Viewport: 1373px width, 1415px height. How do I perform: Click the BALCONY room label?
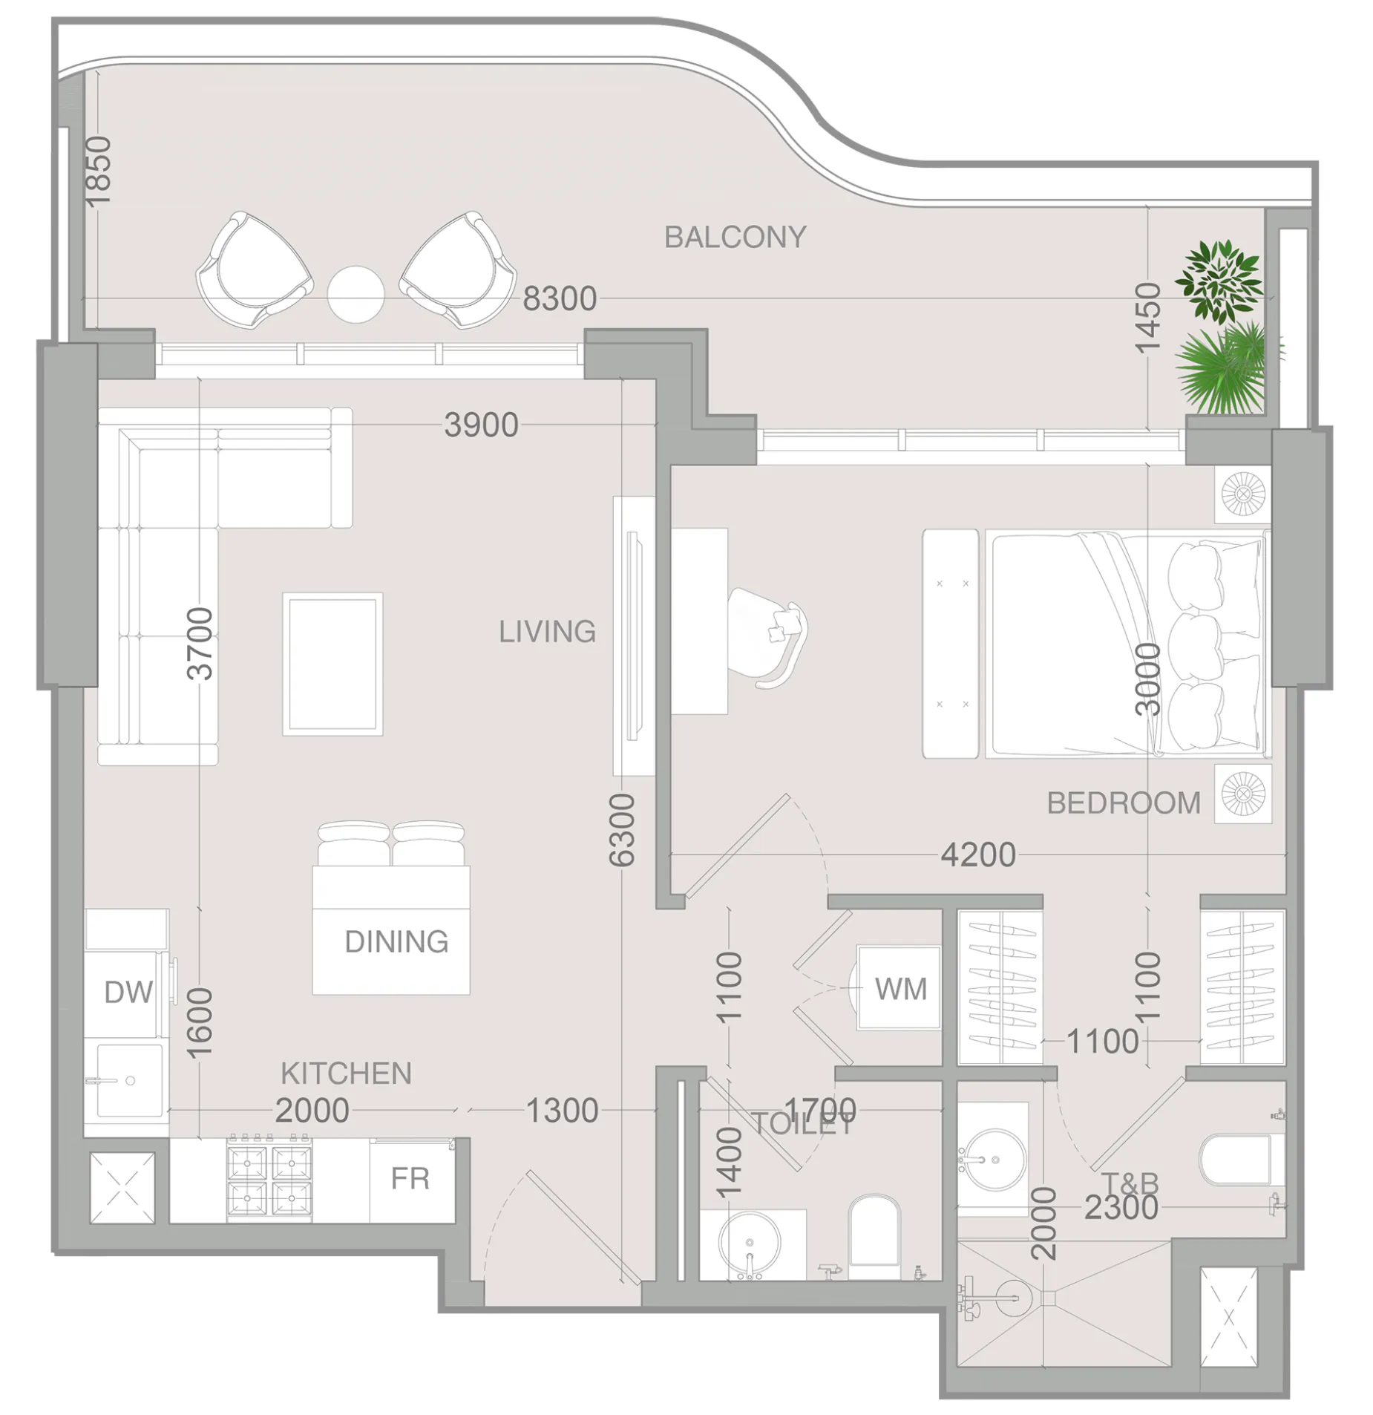coord(734,237)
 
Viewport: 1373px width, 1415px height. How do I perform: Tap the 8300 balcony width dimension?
coord(559,298)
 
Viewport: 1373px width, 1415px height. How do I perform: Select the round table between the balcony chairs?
coord(355,294)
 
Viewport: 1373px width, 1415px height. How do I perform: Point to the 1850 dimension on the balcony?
coord(98,171)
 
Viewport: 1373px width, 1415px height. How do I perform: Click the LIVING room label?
coord(547,631)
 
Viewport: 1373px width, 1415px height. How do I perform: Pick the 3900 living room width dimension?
coord(481,425)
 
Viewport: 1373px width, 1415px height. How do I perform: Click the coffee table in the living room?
coord(332,663)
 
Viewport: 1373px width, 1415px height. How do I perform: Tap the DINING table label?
coord(396,941)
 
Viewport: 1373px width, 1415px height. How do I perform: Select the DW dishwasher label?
coord(128,992)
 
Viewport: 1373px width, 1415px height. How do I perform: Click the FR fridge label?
coord(410,1178)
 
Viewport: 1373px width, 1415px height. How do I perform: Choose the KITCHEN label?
coord(346,1073)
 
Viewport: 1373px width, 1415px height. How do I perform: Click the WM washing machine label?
coord(901,989)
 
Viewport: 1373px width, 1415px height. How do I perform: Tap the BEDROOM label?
coord(1123,803)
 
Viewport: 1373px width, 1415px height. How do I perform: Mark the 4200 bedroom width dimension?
coord(978,855)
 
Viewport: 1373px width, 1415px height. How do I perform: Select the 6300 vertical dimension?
coord(622,830)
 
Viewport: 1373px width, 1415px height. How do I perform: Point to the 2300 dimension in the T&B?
coord(1121,1208)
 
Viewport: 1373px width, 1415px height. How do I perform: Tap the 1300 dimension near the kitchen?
coord(562,1111)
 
